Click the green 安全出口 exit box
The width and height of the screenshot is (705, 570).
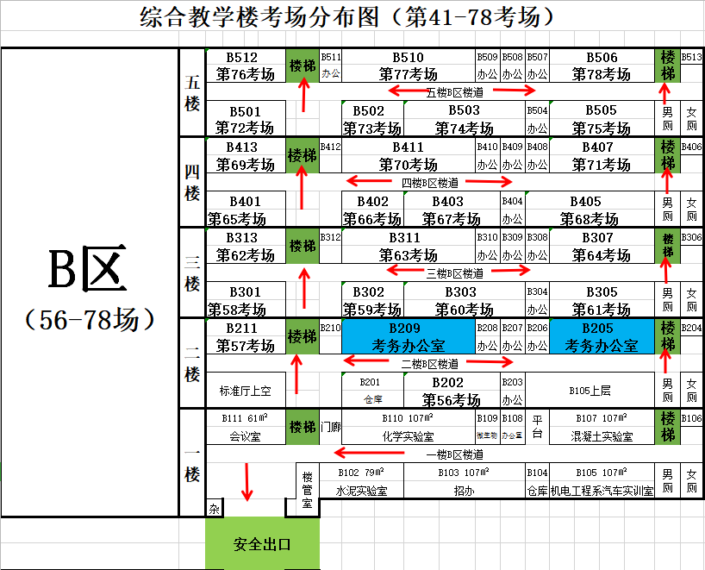[262, 544]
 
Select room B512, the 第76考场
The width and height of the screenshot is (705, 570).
[245, 66]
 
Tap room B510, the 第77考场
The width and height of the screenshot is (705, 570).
[409, 66]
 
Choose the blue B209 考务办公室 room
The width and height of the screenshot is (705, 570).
[409, 336]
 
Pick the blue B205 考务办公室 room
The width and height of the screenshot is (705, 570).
[602, 336]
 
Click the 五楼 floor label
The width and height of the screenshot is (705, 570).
[192, 93]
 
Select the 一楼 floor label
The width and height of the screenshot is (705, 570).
[192, 464]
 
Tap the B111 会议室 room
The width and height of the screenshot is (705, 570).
[245, 427]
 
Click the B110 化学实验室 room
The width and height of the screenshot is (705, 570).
[409, 427]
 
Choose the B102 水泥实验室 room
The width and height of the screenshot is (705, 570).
[360, 481]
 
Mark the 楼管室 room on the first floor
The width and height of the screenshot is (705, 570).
[308, 489]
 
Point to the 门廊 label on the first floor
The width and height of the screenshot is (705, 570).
[330, 427]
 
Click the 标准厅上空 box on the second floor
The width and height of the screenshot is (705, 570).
[245, 391]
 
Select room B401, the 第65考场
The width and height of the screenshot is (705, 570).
[245, 210]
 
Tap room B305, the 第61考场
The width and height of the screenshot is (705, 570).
[602, 300]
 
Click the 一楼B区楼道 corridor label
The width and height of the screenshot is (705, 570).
[454, 454]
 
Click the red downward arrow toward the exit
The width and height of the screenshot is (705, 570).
[248, 481]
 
